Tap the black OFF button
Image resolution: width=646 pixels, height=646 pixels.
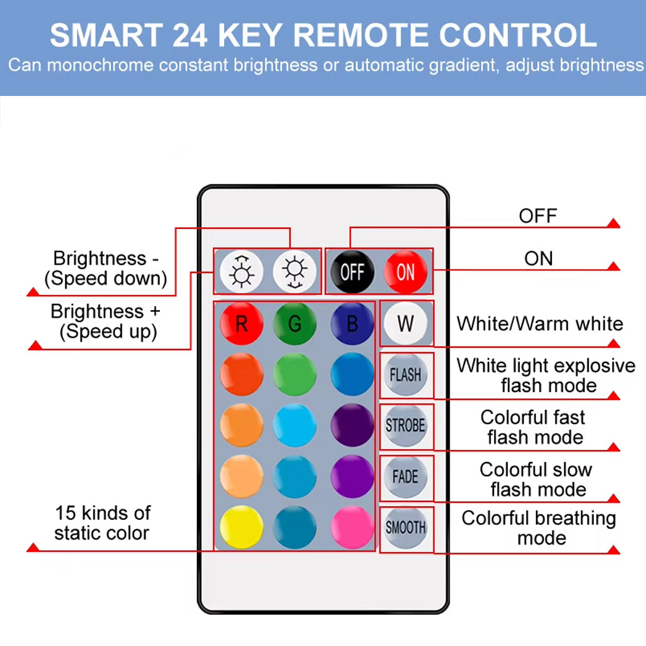click(353, 271)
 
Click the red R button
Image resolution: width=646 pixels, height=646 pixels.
click(241, 324)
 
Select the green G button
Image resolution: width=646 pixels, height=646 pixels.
click(295, 324)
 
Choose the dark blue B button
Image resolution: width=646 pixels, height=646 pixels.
click(353, 324)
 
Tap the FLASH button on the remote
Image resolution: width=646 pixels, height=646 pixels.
click(405, 375)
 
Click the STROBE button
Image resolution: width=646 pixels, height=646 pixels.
click(405, 426)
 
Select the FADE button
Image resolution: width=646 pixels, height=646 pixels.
click(405, 477)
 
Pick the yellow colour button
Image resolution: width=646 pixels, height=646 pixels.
click(241, 527)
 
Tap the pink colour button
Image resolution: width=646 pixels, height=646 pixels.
click(353, 527)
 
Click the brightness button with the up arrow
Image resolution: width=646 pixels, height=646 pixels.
click(241, 271)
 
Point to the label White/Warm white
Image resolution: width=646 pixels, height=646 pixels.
click(540, 324)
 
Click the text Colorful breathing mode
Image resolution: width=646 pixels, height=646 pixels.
click(538, 528)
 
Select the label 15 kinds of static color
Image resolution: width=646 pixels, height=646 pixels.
click(102, 523)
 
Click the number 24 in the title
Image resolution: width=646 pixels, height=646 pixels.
click(190, 36)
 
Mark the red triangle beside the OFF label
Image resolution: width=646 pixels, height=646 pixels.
click(613, 223)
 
